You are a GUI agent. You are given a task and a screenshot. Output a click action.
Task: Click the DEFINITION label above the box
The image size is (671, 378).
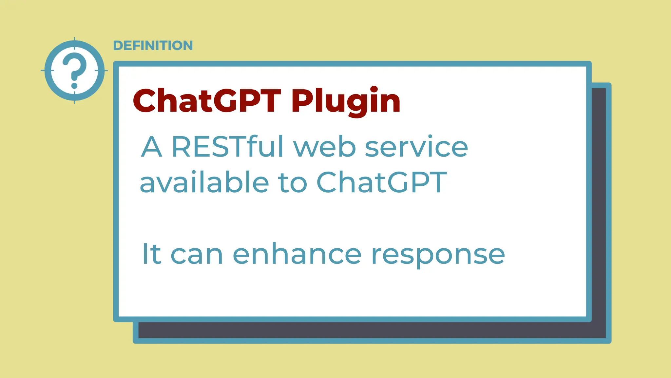coord(153,46)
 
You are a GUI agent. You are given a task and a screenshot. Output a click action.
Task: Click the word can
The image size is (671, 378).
coord(197,254)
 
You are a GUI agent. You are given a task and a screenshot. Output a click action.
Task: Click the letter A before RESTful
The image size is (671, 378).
coord(151,147)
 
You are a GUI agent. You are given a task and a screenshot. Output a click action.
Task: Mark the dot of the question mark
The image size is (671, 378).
coord(74,86)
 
